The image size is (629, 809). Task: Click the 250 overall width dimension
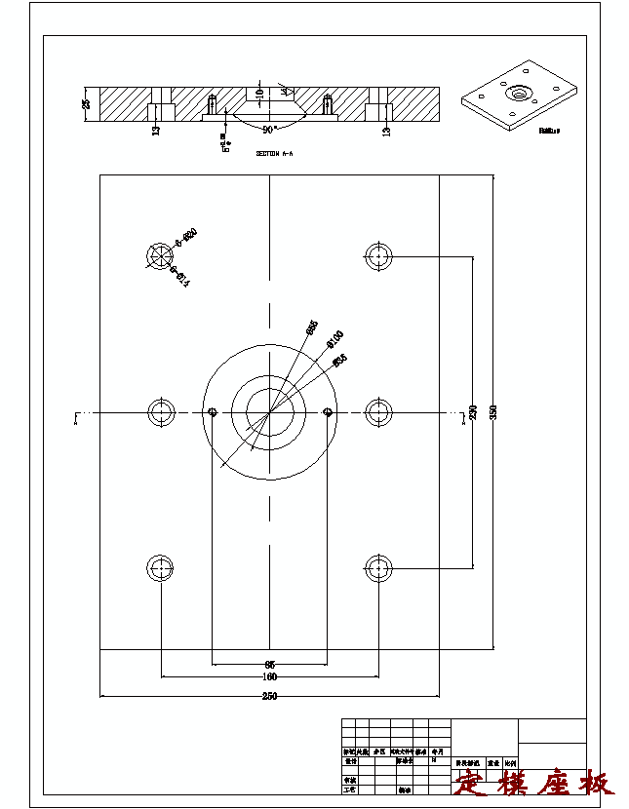click(x=269, y=696)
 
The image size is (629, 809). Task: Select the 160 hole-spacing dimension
click(x=269, y=676)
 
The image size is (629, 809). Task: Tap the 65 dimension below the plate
click(x=269, y=664)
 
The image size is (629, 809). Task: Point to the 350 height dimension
click(x=493, y=411)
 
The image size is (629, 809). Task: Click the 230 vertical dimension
click(x=474, y=411)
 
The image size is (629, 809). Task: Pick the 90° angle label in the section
click(x=269, y=128)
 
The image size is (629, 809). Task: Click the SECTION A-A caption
click(x=274, y=154)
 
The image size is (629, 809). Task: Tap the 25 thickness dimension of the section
click(x=86, y=104)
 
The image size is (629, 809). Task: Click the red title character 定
click(x=471, y=783)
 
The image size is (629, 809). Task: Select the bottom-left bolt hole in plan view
click(x=160, y=567)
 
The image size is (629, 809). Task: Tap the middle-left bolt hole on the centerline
click(x=160, y=412)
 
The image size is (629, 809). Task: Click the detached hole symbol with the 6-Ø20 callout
click(x=159, y=255)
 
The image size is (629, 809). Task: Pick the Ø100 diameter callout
click(x=334, y=338)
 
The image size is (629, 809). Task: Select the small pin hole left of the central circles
click(x=213, y=412)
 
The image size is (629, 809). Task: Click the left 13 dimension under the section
click(x=156, y=131)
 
